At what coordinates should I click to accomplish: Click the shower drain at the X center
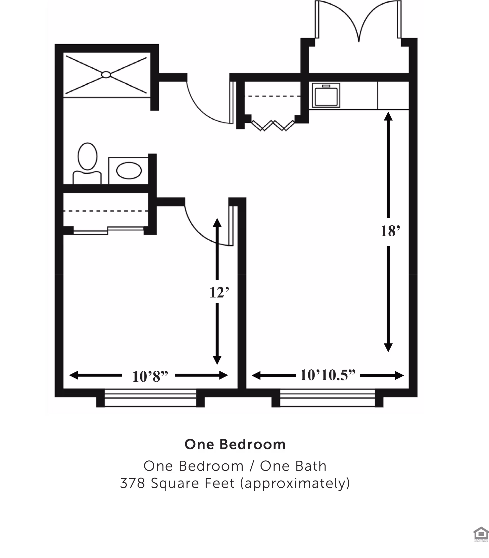[x=106, y=74]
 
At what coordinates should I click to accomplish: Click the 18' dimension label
[x=390, y=231]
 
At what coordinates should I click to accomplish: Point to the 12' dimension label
[x=219, y=293]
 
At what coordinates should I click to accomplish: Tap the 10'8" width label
[x=150, y=377]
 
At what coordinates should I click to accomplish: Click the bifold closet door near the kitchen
[x=273, y=125]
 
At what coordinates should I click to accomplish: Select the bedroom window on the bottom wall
[x=150, y=398]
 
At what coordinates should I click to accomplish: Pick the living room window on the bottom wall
[x=327, y=398]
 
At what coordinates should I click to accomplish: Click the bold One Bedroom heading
[x=235, y=444]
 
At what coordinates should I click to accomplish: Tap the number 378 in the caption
[x=132, y=484]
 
